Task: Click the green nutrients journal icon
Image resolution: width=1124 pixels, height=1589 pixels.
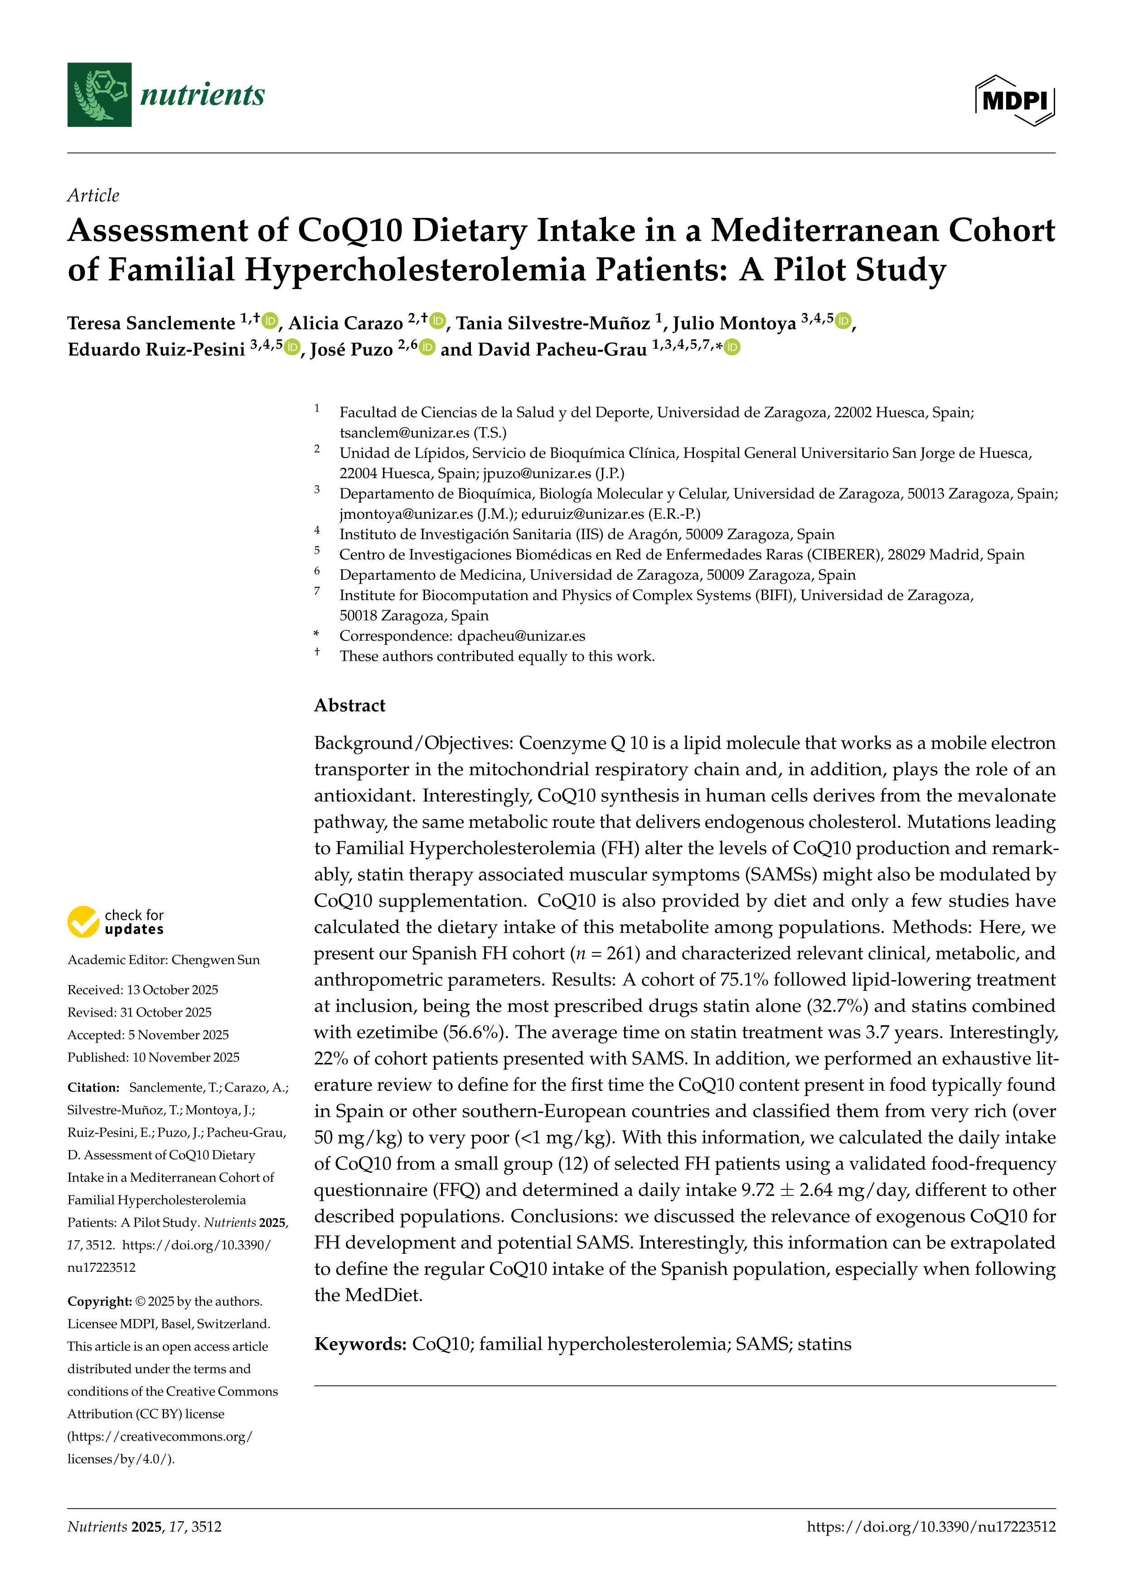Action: pos(99,95)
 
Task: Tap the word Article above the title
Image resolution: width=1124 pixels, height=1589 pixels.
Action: pos(93,195)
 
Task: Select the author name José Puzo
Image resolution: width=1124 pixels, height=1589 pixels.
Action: pos(351,349)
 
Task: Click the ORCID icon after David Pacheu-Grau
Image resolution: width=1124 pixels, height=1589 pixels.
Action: pos(732,348)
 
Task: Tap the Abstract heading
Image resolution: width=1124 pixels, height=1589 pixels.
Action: pos(349,705)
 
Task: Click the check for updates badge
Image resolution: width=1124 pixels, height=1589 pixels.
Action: pos(116,922)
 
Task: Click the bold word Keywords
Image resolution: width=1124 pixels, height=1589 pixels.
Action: pos(359,1344)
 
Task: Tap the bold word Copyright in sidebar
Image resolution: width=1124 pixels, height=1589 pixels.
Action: pos(99,1301)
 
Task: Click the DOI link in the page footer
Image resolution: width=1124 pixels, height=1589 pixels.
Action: pos(931,1527)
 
